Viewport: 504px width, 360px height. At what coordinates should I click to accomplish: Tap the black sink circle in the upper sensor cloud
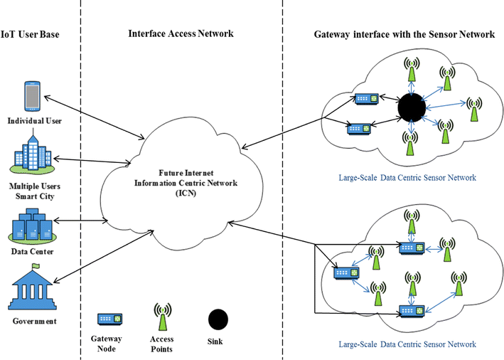click(411, 108)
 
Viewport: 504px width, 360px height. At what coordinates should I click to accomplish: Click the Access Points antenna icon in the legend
click(163, 317)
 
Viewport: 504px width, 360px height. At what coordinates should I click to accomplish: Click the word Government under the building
click(33, 322)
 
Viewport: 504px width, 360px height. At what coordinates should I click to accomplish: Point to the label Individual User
click(33, 121)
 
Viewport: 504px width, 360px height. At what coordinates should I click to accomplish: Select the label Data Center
click(33, 251)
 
